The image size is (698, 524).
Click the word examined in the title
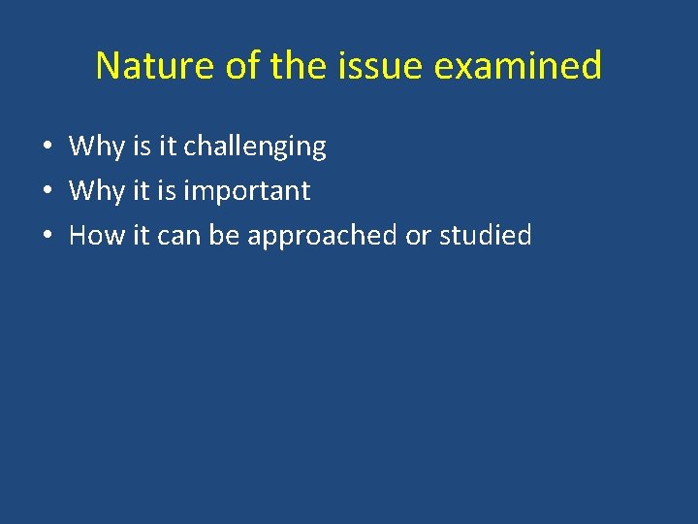(x=519, y=66)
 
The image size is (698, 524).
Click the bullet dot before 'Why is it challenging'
(x=47, y=147)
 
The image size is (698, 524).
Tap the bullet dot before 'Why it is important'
(x=47, y=192)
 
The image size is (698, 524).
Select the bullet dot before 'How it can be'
(x=47, y=236)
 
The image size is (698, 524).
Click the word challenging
(x=255, y=147)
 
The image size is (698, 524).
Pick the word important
(x=246, y=191)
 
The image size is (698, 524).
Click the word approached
(x=322, y=235)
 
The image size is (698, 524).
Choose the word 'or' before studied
(x=418, y=235)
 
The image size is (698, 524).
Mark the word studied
(x=485, y=235)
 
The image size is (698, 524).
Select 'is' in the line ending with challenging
(x=143, y=147)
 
